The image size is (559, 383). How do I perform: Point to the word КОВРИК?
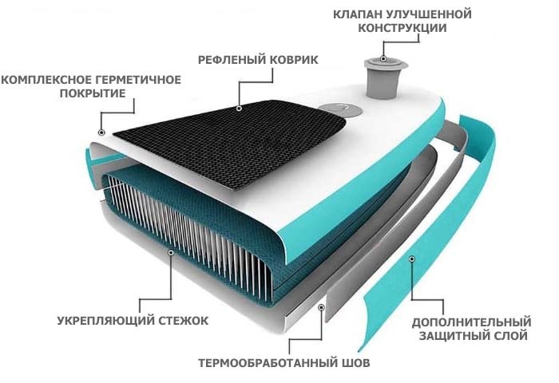pyautogui.click(x=293, y=60)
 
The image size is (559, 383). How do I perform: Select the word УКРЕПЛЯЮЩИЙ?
pyautogui.click(x=98, y=321)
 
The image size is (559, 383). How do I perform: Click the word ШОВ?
pyautogui.click(x=356, y=363)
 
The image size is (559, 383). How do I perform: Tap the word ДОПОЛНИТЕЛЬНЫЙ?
pyautogui.click(x=470, y=322)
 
